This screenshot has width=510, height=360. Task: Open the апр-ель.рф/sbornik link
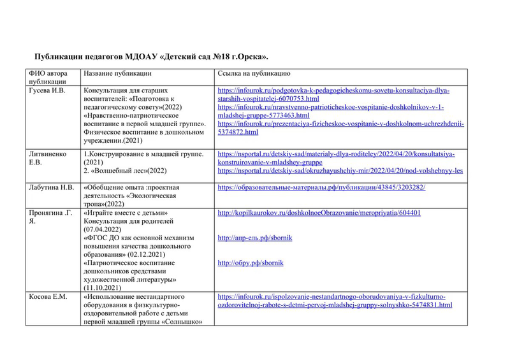coord(252,238)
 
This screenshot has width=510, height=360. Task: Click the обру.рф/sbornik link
coord(251,263)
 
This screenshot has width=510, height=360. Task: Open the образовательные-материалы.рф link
coord(321,188)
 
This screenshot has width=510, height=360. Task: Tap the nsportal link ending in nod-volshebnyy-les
coord(340,171)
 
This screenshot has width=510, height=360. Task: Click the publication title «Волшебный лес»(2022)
coord(125,171)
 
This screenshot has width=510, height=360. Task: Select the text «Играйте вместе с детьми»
coord(125,213)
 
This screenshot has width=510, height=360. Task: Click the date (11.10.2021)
coord(104,287)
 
